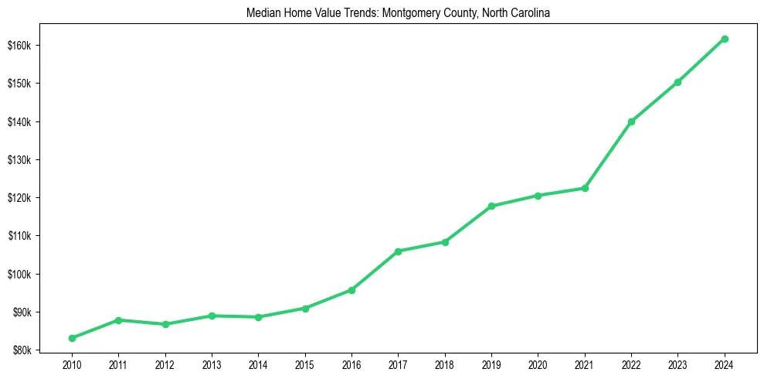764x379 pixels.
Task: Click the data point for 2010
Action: (72, 338)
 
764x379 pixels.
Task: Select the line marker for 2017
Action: (398, 251)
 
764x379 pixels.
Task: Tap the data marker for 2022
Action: (631, 121)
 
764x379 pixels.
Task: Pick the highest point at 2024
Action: (725, 39)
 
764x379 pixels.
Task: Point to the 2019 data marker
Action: (491, 206)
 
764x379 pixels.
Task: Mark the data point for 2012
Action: (165, 324)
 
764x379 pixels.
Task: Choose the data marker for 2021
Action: (585, 188)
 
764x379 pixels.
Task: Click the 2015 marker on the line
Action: (305, 308)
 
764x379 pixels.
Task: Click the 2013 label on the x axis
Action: (212, 364)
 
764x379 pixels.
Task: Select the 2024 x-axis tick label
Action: (725, 364)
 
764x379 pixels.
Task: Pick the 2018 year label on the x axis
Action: (445, 364)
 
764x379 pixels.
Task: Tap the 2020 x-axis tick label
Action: (538, 364)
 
